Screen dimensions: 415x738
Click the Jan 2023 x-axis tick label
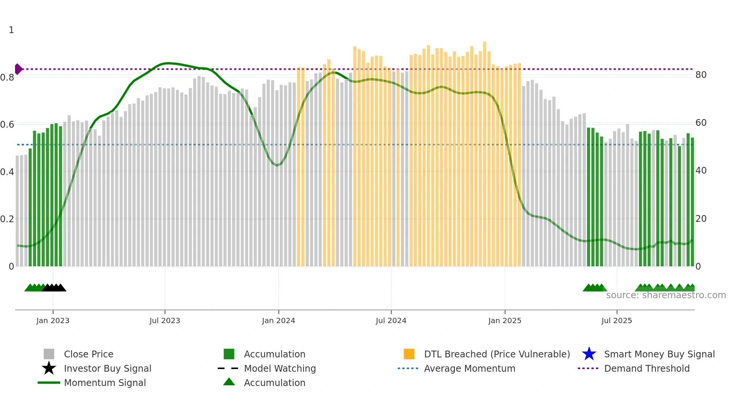[x=53, y=320]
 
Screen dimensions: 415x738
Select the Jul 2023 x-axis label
[x=165, y=320]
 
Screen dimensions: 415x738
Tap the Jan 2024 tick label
[x=278, y=320]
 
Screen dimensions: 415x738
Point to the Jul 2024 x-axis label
[x=391, y=320]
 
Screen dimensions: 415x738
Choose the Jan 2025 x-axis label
[x=505, y=320]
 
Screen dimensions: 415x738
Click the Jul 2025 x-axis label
[x=616, y=320]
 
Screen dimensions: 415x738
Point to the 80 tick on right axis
[x=701, y=75]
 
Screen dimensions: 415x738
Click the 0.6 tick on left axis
[x=7, y=125]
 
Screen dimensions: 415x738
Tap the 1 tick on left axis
[x=11, y=30]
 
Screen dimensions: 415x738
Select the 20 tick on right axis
[x=701, y=219]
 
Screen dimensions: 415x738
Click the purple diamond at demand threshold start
[x=18, y=69]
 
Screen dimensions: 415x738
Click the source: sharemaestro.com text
[x=666, y=295]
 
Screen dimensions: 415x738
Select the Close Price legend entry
[x=88, y=354]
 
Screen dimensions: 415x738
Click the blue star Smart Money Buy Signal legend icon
[x=589, y=354]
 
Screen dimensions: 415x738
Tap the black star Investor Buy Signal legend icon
[x=49, y=368]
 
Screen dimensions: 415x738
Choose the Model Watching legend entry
[x=280, y=368]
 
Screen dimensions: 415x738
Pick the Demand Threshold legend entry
[x=647, y=368]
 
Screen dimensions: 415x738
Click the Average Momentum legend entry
[x=470, y=368]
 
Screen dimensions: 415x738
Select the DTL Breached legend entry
[x=497, y=354]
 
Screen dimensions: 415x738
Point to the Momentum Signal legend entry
[x=105, y=383]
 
